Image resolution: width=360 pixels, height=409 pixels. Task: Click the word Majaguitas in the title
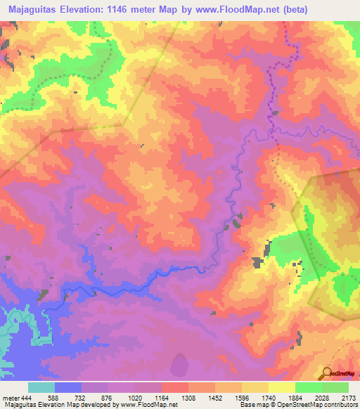pyautogui.click(x=33, y=9)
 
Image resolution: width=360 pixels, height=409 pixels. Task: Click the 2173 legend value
pyautogui.click(x=348, y=397)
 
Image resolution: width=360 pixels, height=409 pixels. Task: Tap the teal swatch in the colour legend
pyautogui.click(x=41, y=387)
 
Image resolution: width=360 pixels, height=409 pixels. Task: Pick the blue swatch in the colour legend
pyautogui.click(x=68, y=387)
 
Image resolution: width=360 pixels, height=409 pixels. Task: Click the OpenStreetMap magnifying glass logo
pyautogui.click(x=327, y=373)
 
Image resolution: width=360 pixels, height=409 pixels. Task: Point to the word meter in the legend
pyautogui.click(x=11, y=397)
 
